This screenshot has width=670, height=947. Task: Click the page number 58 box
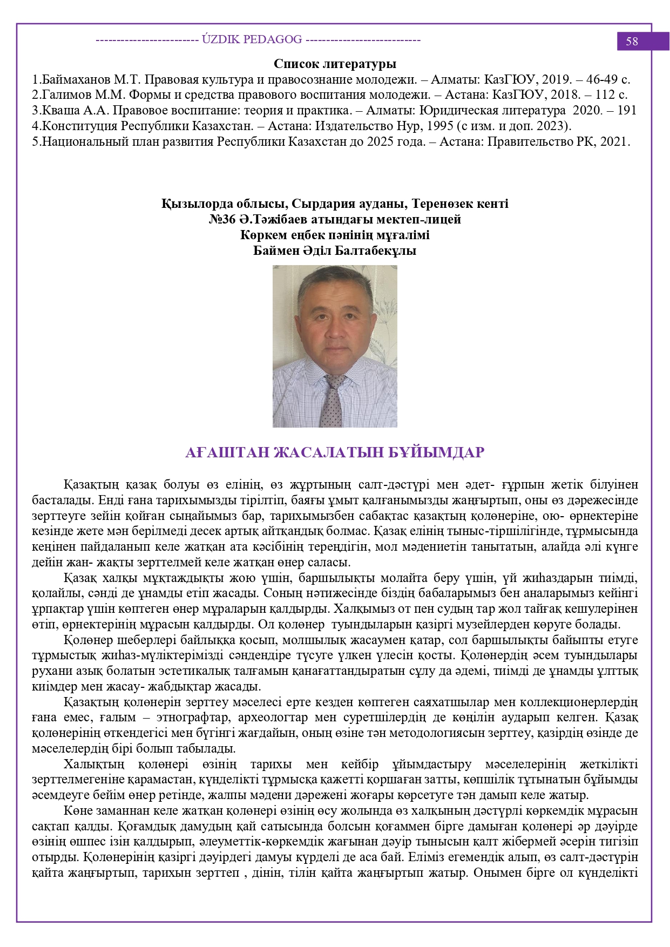[x=632, y=42]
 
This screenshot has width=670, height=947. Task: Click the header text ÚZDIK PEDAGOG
[x=252, y=39]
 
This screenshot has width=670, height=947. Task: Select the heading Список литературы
[x=335, y=64]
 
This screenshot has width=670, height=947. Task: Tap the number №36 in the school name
[x=223, y=219]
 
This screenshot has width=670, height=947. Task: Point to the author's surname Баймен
[x=275, y=251]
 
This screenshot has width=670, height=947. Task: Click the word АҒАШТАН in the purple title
[x=226, y=452]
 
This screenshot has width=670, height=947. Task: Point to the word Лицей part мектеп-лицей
[x=442, y=219]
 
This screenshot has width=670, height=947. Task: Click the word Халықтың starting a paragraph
[x=94, y=765]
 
